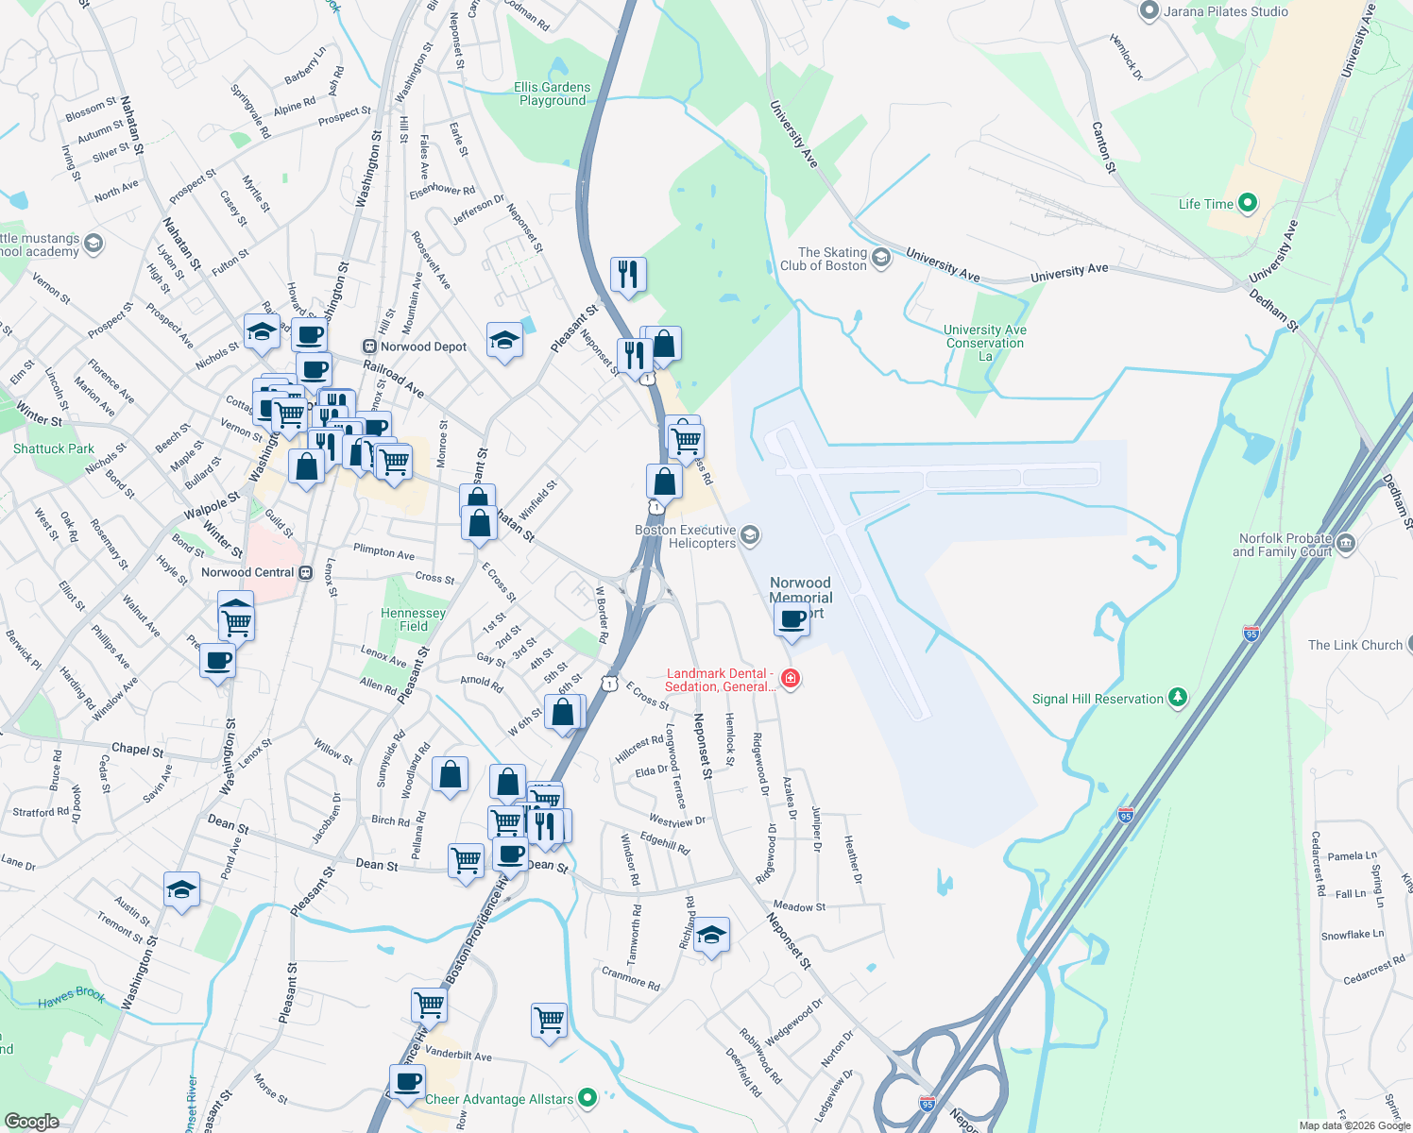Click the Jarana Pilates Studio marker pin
click(1149, 11)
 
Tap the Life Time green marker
click(1247, 203)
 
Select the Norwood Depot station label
click(416, 347)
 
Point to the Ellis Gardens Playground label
click(553, 93)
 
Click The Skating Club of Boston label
click(824, 259)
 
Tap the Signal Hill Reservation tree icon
click(1177, 698)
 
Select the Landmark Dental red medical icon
click(791, 679)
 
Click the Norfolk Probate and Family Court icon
click(1346, 544)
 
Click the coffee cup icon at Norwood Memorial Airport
click(792, 620)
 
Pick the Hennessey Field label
click(413, 619)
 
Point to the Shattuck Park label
click(54, 448)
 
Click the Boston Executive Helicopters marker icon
click(750, 536)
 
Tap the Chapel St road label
click(138, 750)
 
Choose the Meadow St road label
click(799, 906)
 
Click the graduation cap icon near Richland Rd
click(711, 936)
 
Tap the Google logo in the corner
click(31, 1121)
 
